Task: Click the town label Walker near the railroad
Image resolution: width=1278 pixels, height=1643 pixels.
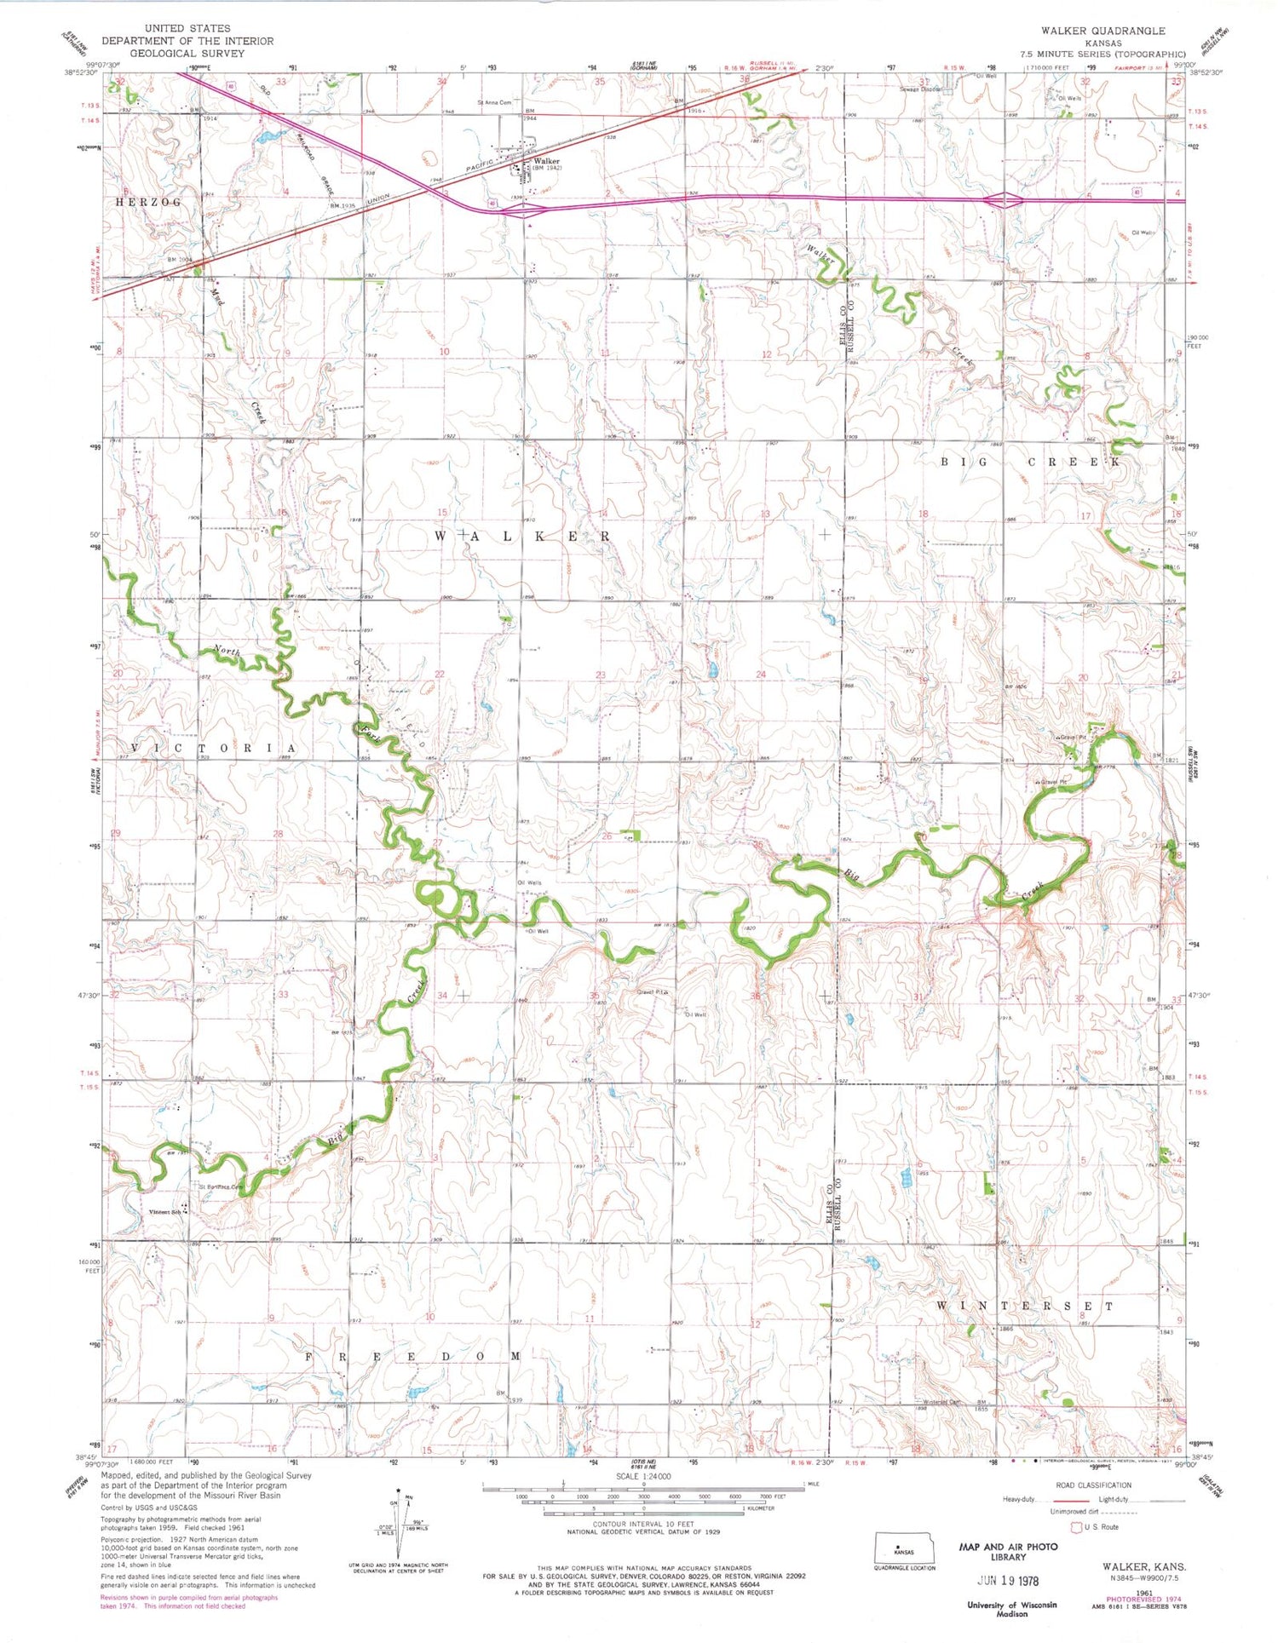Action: coord(546,160)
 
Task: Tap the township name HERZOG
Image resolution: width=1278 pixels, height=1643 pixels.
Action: coord(149,203)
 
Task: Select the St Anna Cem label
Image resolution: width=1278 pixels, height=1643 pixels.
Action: coord(494,103)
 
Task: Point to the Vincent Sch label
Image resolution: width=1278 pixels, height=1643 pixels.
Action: coord(165,1212)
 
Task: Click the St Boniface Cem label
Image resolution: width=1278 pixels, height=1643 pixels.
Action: coord(221,1187)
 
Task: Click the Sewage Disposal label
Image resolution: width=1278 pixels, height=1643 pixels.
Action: coord(921,89)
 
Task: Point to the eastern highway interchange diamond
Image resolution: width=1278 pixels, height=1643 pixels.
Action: coord(1004,201)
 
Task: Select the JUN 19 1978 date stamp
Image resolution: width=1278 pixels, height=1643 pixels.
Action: coord(1008,1581)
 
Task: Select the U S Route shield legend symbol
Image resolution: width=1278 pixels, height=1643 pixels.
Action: coord(1076,1526)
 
